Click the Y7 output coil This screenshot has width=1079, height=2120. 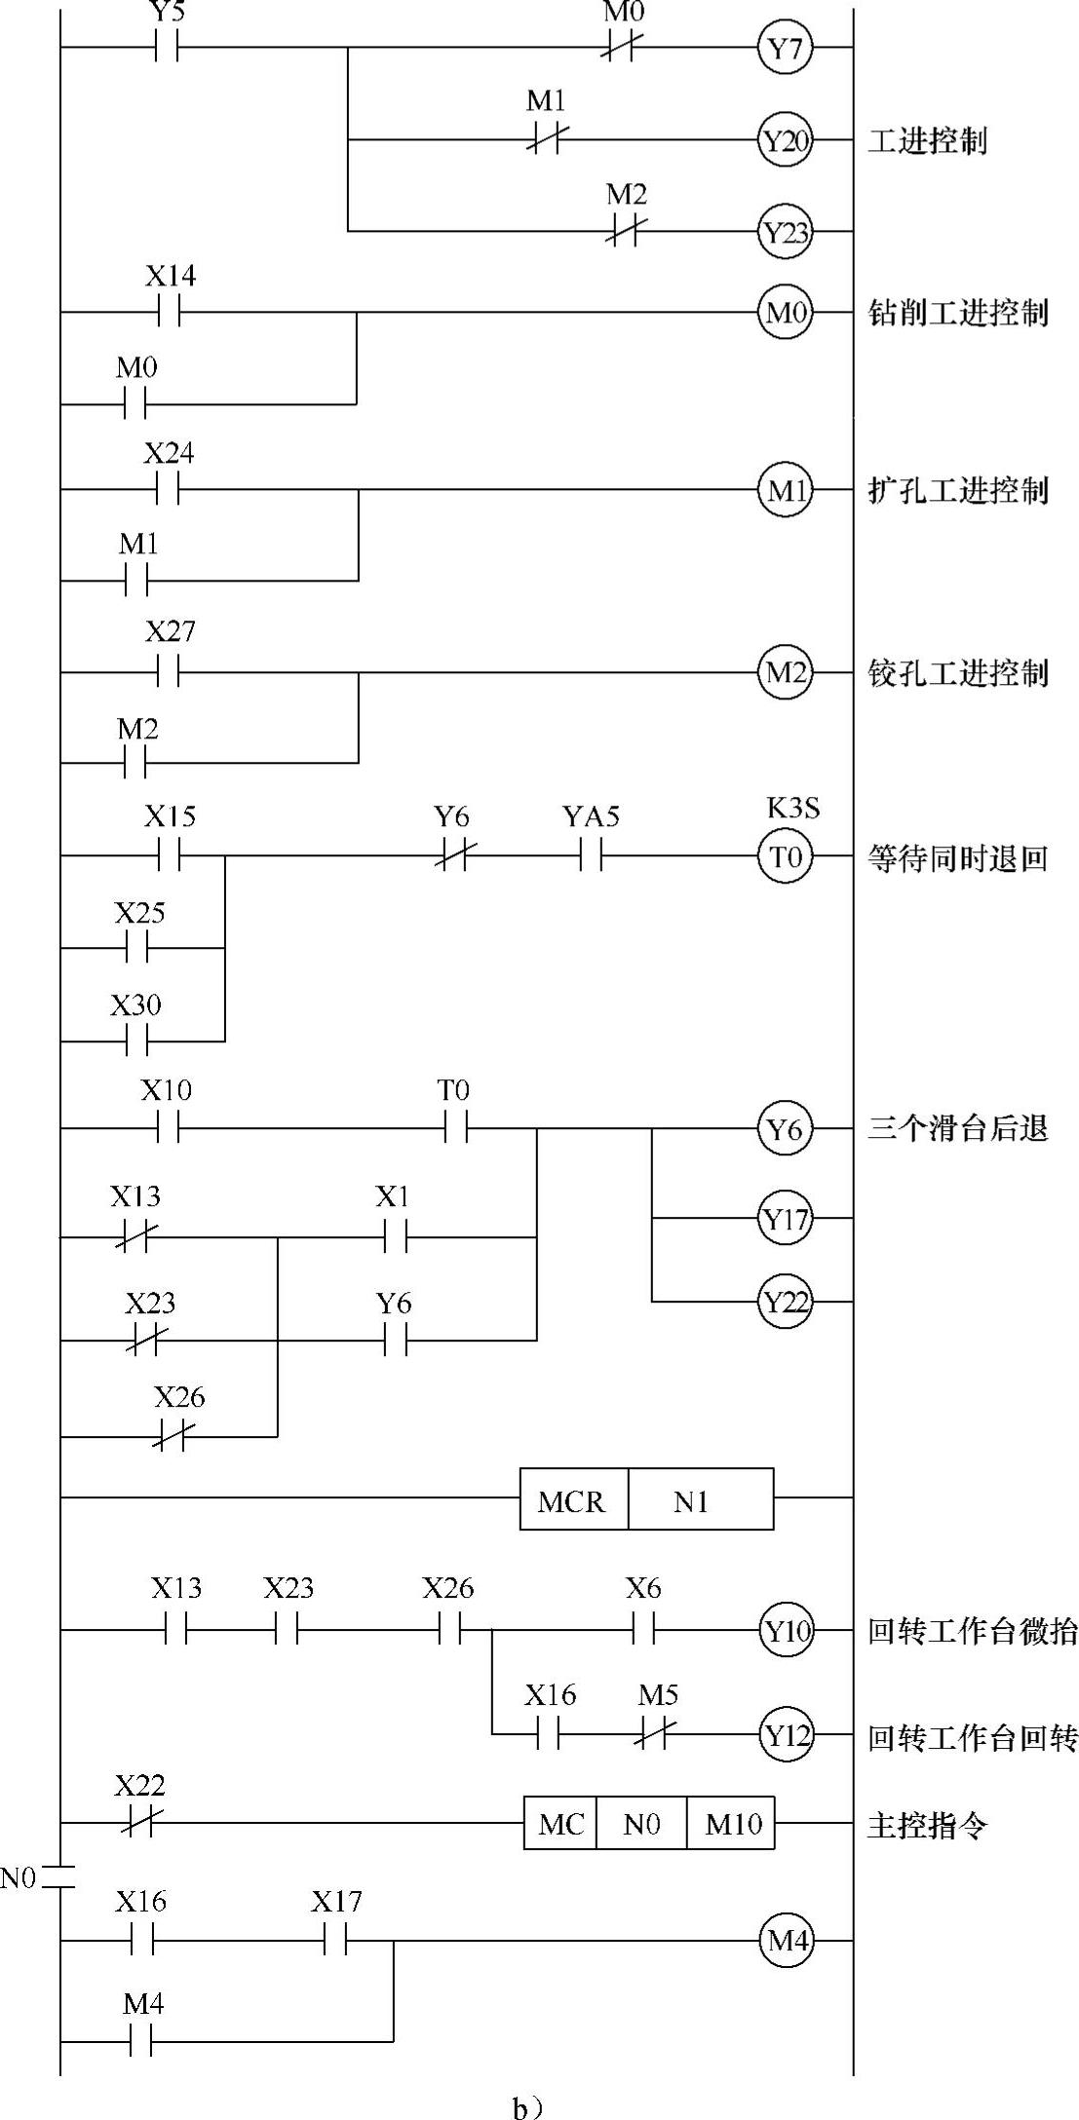(x=785, y=47)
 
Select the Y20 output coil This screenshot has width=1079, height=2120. (x=785, y=140)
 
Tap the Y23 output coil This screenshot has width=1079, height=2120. (x=785, y=232)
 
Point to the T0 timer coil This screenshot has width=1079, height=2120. (x=785, y=856)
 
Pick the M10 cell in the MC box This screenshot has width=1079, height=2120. (x=732, y=1823)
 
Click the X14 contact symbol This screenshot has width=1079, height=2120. (x=169, y=313)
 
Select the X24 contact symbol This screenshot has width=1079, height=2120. (x=168, y=490)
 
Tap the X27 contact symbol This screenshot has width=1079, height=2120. (x=168, y=672)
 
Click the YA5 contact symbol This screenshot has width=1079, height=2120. (x=591, y=856)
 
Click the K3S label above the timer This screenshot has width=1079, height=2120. (x=792, y=808)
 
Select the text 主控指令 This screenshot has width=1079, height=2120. (x=926, y=1824)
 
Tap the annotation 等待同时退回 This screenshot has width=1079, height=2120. (x=957, y=858)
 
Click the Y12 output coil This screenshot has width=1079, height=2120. (x=785, y=1735)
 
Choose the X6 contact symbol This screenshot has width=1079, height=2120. (x=642, y=1629)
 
